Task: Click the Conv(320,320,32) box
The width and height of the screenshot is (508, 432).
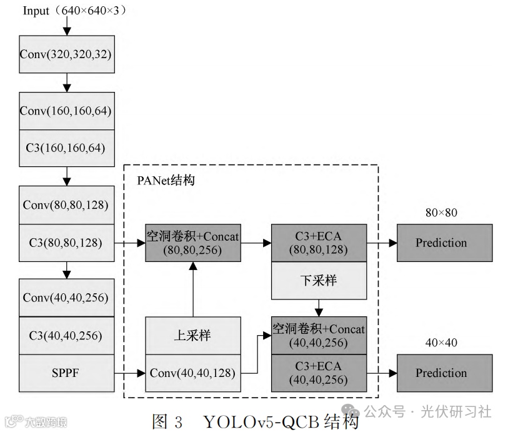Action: click(66, 54)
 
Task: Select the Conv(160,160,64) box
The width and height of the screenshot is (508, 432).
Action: click(66, 111)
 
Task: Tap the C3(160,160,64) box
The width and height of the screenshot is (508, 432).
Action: click(66, 148)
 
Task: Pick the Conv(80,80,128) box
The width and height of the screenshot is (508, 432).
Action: click(66, 204)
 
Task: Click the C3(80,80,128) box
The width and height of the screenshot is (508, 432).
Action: click(66, 242)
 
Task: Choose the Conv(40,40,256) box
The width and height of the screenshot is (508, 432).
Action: click(66, 297)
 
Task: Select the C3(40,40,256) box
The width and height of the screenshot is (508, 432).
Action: click(66, 335)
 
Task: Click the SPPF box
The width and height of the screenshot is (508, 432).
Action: click(66, 373)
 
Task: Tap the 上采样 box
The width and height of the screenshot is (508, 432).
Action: click(192, 335)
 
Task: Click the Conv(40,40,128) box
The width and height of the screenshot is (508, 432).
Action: click(192, 373)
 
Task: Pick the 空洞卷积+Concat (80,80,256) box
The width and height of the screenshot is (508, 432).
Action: click(192, 243)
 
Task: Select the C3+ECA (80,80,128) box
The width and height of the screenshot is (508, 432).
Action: click(319, 243)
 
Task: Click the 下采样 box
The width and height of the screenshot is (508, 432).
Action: click(319, 280)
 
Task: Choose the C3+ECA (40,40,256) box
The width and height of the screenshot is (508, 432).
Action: click(319, 373)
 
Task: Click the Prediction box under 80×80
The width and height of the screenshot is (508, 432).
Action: click(444, 243)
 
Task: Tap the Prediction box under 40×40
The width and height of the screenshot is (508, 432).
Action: click(444, 373)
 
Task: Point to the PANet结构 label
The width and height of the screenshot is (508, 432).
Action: click(166, 181)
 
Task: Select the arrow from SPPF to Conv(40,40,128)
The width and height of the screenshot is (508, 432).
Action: click(130, 373)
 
